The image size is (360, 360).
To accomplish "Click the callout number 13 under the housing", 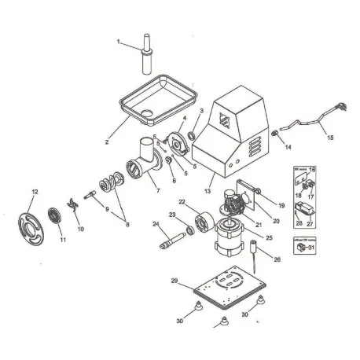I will click(207, 189).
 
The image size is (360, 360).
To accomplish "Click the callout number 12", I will click(34, 192).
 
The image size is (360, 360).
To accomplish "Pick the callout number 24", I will click(156, 225).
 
